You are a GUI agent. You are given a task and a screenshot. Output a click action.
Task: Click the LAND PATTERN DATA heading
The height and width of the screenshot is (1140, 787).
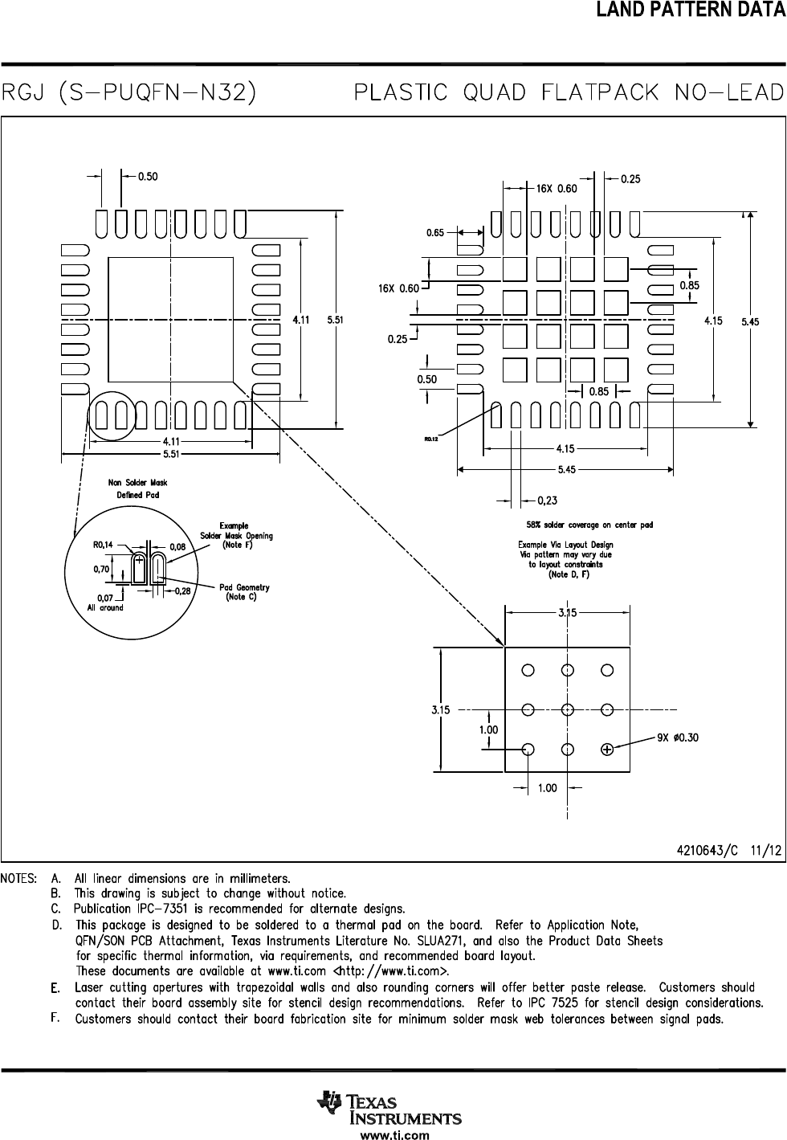tap(691, 10)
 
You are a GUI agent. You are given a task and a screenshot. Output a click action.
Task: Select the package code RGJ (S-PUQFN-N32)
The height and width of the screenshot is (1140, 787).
tap(128, 93)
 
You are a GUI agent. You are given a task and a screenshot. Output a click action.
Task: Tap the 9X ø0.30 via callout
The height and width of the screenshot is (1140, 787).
tap(678, 738)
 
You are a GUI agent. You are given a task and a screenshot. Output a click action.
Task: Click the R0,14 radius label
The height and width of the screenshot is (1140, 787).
tap(103, 545)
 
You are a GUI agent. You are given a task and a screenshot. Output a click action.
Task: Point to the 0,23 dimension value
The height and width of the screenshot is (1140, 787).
tap(548, 501)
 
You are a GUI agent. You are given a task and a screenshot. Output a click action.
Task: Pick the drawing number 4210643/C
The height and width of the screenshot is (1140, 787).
tap(707, 851)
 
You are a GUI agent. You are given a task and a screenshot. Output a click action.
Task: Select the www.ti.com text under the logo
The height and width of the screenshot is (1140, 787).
tap(395, 1134)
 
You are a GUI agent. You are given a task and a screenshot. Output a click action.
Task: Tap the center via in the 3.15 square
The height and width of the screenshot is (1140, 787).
tap(568, 709)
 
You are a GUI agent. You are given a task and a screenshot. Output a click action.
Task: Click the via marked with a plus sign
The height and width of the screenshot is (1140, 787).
tap(607, 749)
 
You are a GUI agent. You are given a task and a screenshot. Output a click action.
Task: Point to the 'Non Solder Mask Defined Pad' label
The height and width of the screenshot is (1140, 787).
tap(137, 488)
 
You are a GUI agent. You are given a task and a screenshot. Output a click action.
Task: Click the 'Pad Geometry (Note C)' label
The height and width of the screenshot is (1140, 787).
tap(244, 592)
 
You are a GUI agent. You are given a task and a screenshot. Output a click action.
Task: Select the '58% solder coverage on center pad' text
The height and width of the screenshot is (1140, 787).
tap(589, 525)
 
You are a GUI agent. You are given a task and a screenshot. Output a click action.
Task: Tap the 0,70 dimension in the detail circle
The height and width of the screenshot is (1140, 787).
tap(101, 569)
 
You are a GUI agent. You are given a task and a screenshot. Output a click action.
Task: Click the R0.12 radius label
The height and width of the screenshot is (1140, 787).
tap(431, 439)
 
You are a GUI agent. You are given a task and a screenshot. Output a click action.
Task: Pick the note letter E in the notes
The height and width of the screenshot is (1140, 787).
tap(55, 988)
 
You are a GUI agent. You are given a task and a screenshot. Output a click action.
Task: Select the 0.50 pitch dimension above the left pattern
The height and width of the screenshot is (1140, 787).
tap(148, 177)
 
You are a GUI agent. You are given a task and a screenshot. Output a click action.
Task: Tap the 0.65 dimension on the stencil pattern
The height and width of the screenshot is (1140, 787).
tap(435, 233)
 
